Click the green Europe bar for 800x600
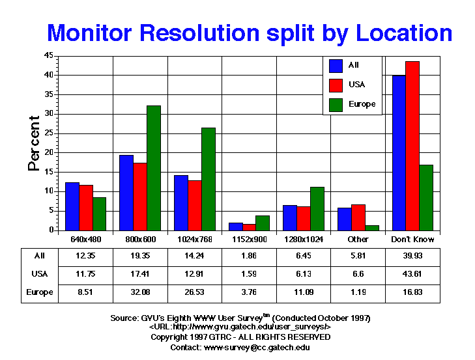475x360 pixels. tap(154, 168)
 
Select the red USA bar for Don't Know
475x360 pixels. tap(412, 146)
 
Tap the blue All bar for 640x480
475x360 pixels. tap(72, 206)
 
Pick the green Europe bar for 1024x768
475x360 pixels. tap(209, 179)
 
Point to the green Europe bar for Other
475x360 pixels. tap(372, 228)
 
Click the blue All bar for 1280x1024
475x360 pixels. tap(290, 218)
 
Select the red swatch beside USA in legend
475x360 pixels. tap(336, 85)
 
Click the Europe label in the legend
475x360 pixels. tap(362, 104)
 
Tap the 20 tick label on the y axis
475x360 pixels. tap(48, 152)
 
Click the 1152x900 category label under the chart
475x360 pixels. tap(250, 240)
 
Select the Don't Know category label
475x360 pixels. tap(412, 240)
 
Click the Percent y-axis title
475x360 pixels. tap(34, 143)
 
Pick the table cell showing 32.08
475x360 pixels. tap(140, 292)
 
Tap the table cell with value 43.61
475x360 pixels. tap(412, 274)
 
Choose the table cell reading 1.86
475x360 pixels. tap(249, 256)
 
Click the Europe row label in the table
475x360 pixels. tap(40, 292)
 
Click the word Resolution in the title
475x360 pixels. tap(199, 33)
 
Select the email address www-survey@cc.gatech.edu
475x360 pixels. tap(257, 348)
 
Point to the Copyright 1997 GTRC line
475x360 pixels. tap(240, 337)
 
